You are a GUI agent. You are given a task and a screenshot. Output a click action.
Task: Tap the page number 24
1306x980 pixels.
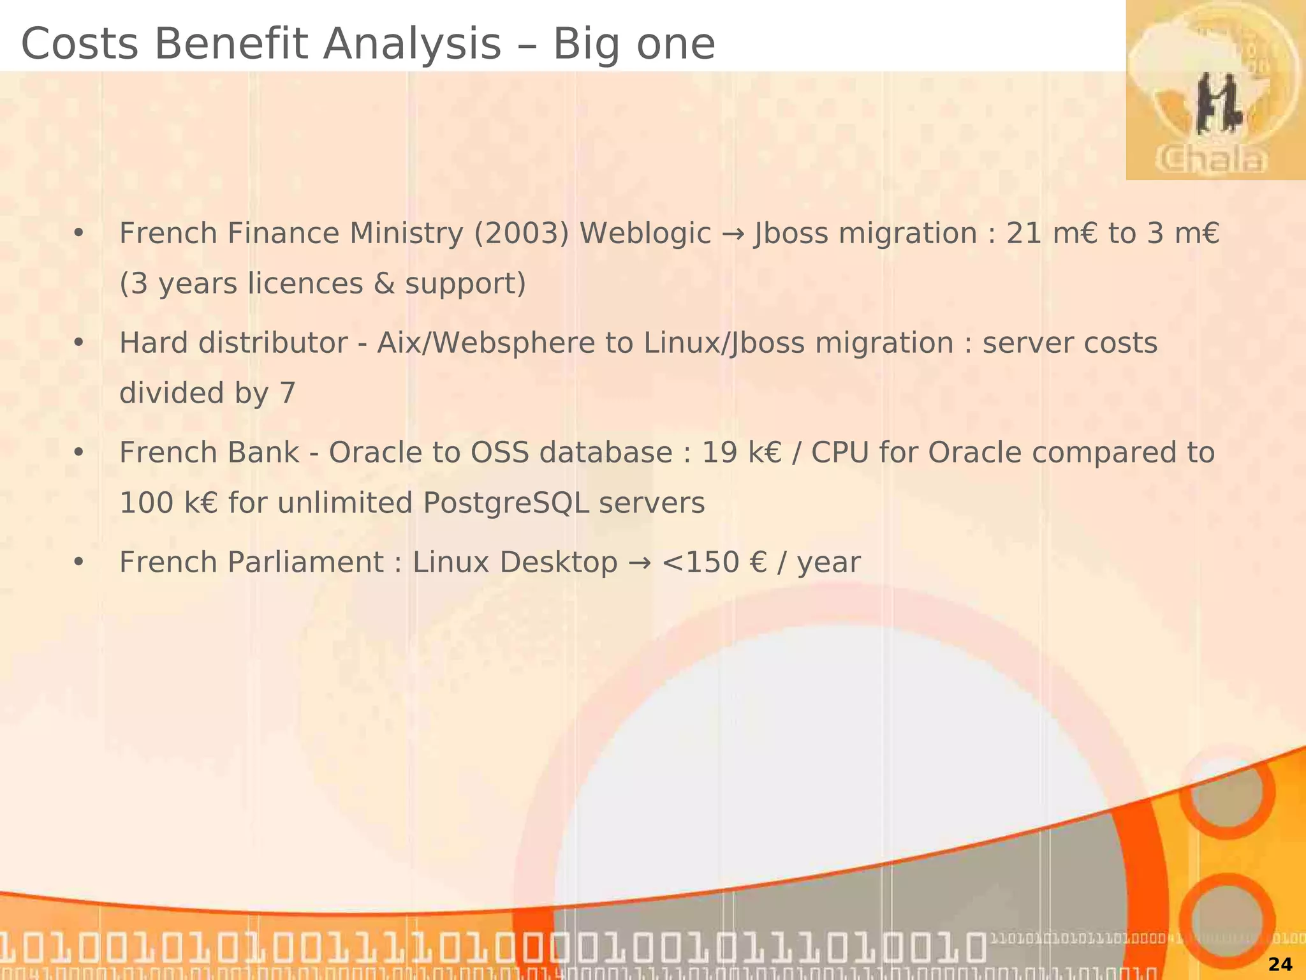click(1280, 964)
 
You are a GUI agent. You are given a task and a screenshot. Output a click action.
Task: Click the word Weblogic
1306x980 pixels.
click(645, 234)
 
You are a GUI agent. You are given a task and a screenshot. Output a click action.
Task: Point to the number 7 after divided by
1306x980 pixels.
click(288, 393)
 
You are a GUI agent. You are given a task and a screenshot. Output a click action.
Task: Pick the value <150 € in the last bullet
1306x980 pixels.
click(714, 563)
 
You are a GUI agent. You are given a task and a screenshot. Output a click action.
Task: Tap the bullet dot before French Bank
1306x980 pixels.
click(78, 453)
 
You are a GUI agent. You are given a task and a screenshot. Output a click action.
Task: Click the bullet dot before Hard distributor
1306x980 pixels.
click(78, 343)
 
